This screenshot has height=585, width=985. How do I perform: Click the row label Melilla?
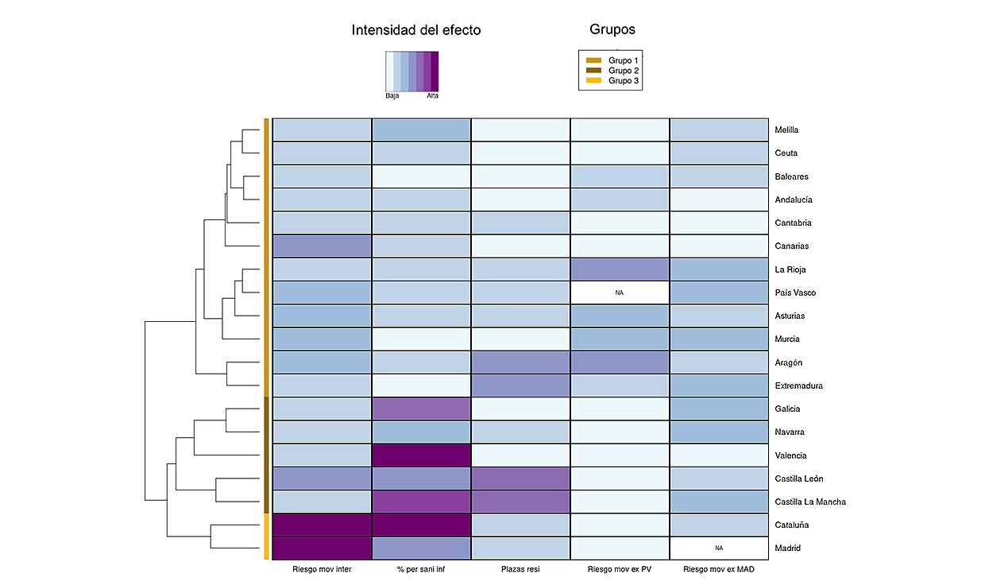pyautogui.click(x=786, y=130)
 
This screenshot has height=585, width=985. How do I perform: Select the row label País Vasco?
pyautogui.click(x=794, y=292)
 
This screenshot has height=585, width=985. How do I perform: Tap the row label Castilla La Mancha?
pyautogui.click(x=809, y=502)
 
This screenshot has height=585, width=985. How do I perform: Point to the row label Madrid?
pyautogui.click(x=786, y=548)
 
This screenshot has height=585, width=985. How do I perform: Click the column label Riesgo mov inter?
pyautogui.click(x=322, y=569)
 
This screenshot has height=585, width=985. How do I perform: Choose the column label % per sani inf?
pyautogui.click(x=421, y=569)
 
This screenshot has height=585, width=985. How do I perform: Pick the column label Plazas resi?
pyautogui.click(x=520, y=569)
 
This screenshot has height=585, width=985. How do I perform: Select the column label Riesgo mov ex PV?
pyautogui.click(x=620, y=569)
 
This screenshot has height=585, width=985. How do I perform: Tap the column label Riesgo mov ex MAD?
pyautogui.click(x=720, y=569)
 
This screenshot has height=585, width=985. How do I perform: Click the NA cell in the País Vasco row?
pyautogui.click(x=620, y=292)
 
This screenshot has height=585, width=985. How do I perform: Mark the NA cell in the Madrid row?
pyautogui.click(x=720, y=548)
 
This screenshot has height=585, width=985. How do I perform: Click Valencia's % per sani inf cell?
pyautogui.click(x=421, y=455)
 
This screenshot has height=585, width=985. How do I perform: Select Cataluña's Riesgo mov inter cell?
pyautogui.click(x=322, y=525)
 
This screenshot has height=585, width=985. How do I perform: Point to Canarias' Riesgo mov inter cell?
pyautogui.click(x=322, y=246)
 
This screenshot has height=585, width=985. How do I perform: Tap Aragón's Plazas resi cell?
pyautogui.click(x=520, y=362)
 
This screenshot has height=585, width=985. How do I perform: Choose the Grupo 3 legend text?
pyautogui.click(x=624, y=80)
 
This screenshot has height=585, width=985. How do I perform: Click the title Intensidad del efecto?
pyautogui.click(x=416, y=31)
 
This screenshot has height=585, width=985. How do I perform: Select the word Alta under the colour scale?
pyautogui.click(x=432, y=95)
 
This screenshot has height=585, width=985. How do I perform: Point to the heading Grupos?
pyautogui.click(x=612, y=30)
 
